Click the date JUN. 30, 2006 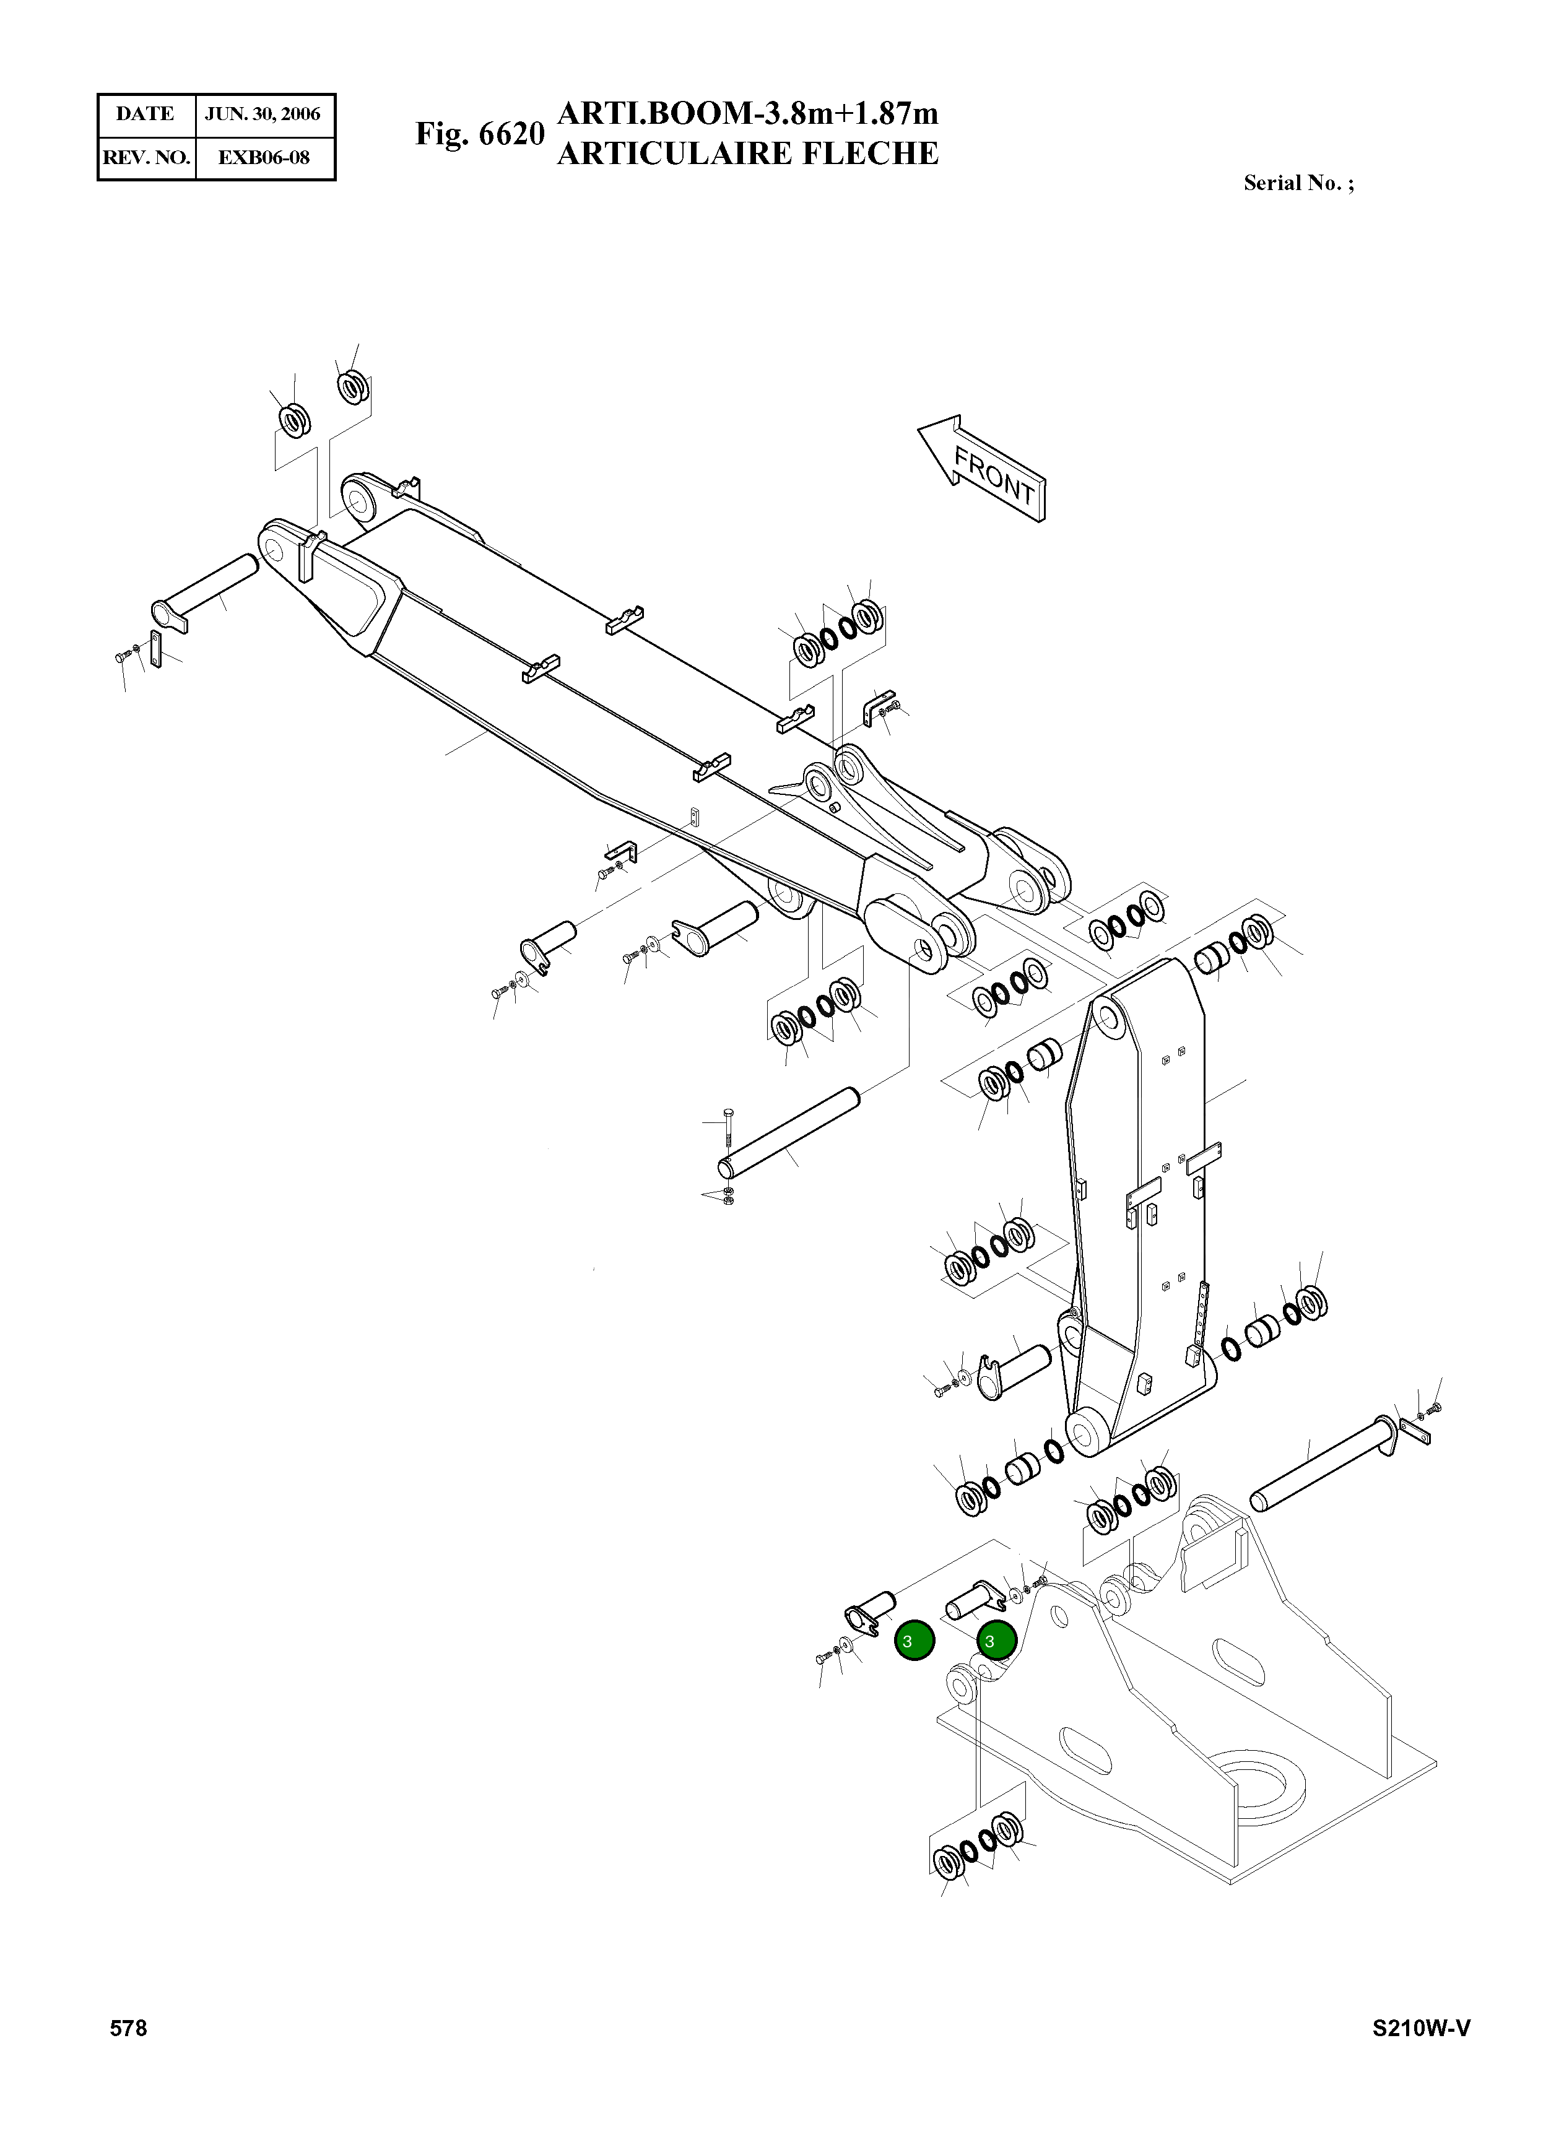(263, 115)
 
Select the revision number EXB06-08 (263, 157)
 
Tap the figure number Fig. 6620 (480, 134)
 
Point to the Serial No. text (1298, 184)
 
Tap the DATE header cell (145, 115)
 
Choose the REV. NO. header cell (146, 157)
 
